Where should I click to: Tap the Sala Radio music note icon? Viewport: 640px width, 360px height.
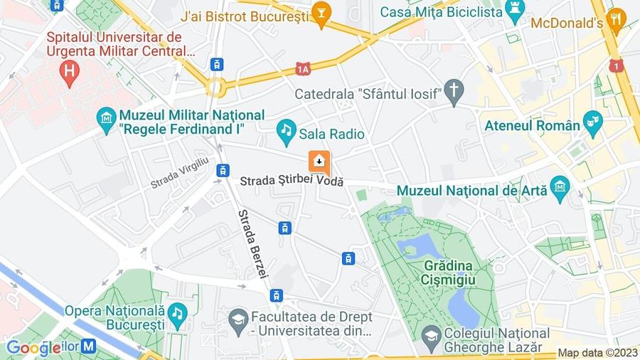286,129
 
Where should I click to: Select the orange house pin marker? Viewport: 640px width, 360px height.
319,162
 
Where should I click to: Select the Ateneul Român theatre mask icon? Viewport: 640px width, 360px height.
592,122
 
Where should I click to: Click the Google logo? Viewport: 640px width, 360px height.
33,348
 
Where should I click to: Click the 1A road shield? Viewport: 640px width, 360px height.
304,68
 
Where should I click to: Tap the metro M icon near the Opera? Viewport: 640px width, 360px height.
88,346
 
